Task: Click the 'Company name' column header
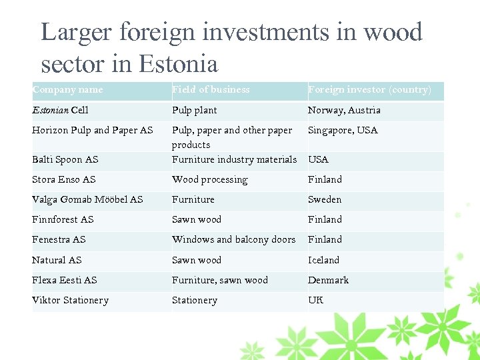tap(67, 90)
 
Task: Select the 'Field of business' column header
tap(211, 90)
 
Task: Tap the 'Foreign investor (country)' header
tap(369, 90)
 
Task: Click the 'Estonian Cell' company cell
tap(60, 110)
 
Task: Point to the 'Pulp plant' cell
tap(194, 110)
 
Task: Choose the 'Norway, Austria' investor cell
tap(344, 110)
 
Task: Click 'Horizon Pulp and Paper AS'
tap(93, 130)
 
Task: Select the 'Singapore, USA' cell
tap(343, 130)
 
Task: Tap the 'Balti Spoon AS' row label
tap(65, 159)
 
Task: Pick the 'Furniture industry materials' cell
tap(234, 159)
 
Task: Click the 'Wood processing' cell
tap(209, 179)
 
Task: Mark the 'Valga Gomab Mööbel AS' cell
tap(87, 199)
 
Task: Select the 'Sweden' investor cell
tap(325, 199)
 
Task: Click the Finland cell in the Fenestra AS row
tap(325, 239)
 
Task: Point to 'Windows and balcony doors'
tap(233, 239)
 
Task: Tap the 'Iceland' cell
tap(323, 260)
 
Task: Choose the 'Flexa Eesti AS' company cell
tap(65, 280)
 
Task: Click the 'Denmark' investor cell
tap(328, 280)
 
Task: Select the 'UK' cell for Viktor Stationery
tap(315, 300)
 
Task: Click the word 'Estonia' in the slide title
tap(179, 64)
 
